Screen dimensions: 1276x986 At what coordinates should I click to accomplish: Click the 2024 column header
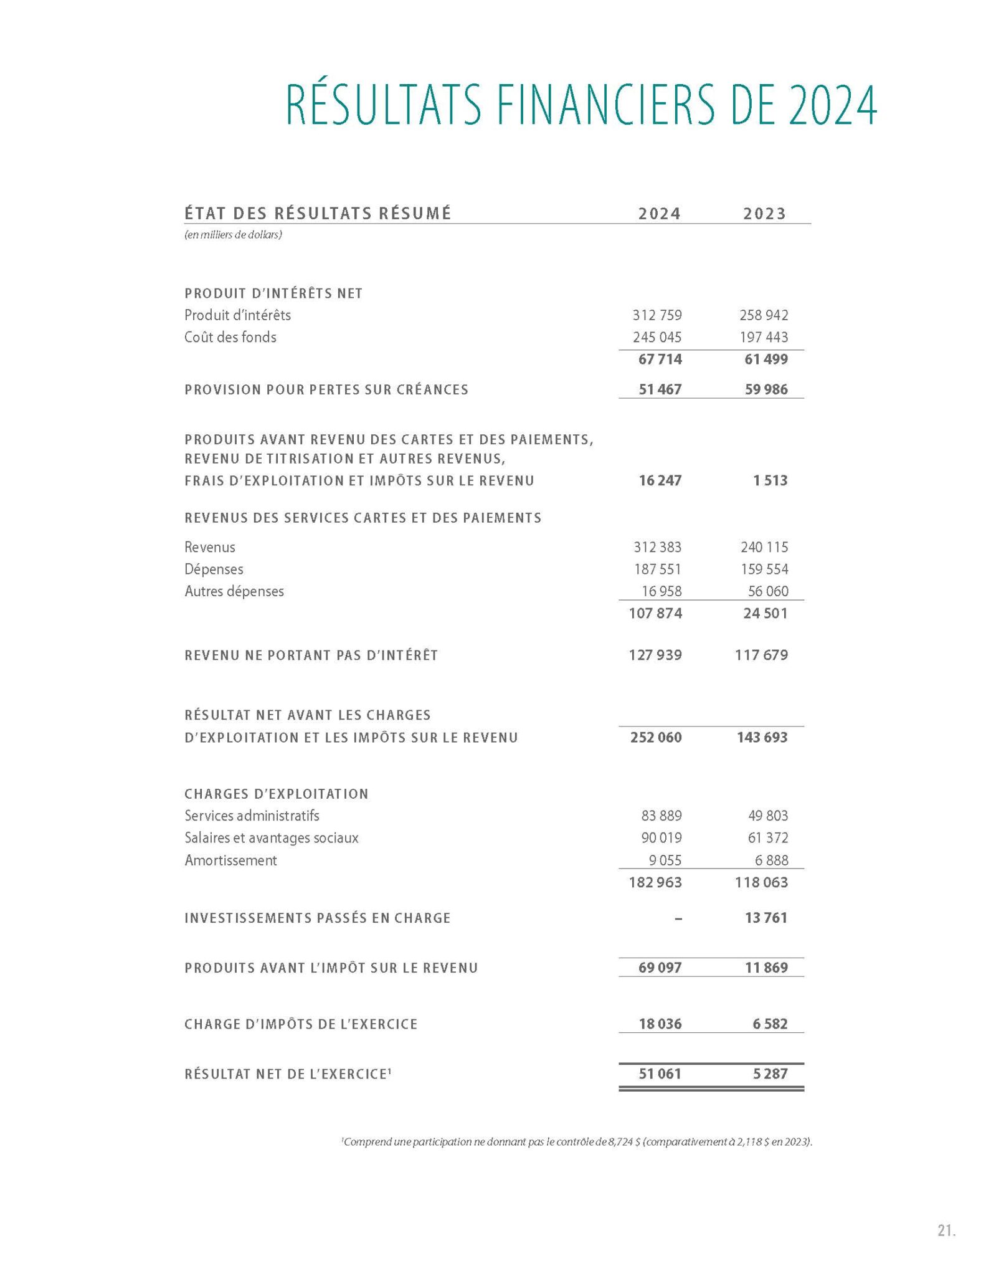(x=659, y=214)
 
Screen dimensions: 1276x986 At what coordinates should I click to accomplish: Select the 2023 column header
(x=764, y=214)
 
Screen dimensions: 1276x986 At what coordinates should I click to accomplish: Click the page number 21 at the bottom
(x=946, y=1231)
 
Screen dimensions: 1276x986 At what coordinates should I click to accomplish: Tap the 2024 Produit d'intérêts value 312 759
(x=657, y=315)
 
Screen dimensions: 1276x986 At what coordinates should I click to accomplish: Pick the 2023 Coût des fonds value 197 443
(x=764, y=337)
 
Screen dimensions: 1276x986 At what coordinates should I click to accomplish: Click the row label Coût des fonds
(x=230, y=337)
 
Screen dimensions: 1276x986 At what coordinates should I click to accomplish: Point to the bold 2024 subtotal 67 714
(x=660, y=359)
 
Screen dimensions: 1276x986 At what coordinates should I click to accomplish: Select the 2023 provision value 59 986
(x=766, y=389)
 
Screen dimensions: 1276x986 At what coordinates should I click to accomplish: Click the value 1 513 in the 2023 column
(x=770, y=480)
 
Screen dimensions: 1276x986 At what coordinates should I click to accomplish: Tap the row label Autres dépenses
(x=234, y=591)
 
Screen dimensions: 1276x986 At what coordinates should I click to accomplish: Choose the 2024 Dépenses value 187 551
(x=657, y=569)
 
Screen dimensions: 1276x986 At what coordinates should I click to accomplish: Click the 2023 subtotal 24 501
(x=765, y=614)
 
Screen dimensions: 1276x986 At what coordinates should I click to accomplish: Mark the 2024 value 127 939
(x=655, y=655)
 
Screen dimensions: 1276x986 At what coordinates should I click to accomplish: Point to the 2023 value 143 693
(x=762, y=738)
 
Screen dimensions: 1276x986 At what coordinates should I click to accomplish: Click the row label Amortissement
(x=230, y=860)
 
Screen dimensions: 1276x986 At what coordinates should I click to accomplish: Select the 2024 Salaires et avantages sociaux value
(x=661, y=838)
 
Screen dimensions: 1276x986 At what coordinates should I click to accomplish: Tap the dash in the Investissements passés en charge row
(x=678, y=918)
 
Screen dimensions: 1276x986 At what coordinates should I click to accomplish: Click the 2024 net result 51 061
(x=660, y=1074)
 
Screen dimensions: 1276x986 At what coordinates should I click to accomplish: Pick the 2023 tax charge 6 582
(x=770, y=1024)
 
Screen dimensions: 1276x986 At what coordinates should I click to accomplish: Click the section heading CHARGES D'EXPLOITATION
(x=277, y=794)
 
